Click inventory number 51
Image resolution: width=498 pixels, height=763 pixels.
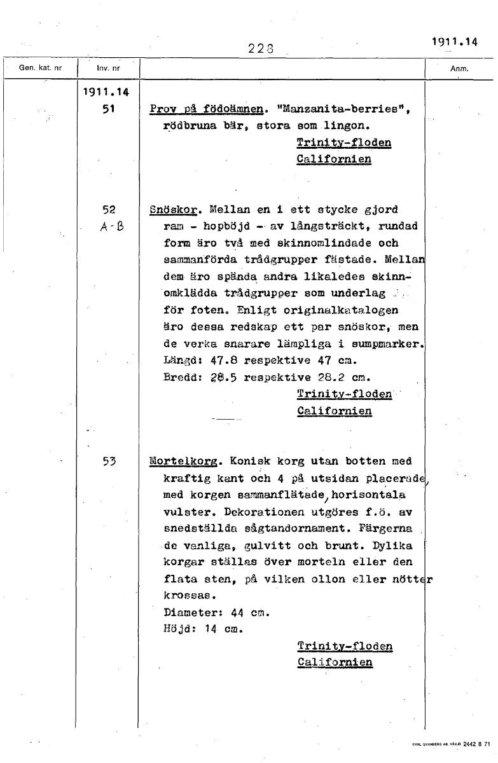pos(107,109)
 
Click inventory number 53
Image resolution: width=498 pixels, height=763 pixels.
pos(107,461)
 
